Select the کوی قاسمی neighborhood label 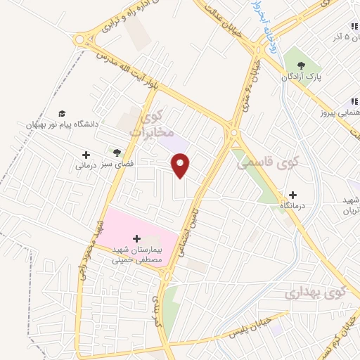click(x=258, y=163)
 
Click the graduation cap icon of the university click(x=62, y=112)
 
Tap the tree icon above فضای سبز click(x=117, y=153)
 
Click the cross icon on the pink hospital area click(x=136, y=238)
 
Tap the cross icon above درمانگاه click(x=292, y=195)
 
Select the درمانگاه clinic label click(x=292, y=206)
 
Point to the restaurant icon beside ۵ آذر click(x=352, y=26)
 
